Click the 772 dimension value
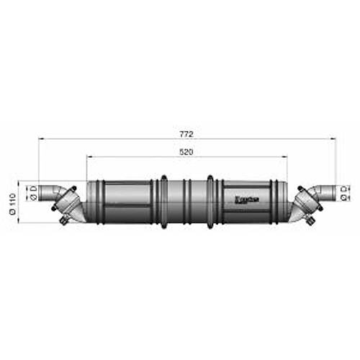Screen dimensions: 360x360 pos(188,135)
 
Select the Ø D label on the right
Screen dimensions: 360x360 pos(345,192)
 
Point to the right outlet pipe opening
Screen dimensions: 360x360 pos(330,192)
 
